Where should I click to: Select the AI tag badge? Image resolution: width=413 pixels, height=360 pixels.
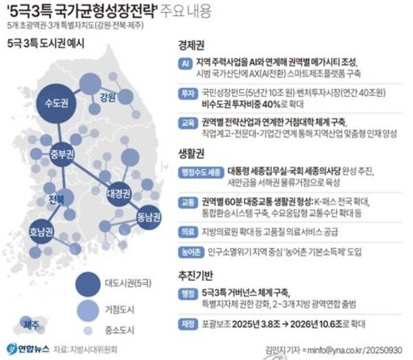pyautogui.click(x=184, y=63)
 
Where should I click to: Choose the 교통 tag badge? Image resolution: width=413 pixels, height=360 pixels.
pyautogui.click(x=186, y=203)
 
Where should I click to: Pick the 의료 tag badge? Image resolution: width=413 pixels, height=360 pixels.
pyautogui.click(x=186, y=231)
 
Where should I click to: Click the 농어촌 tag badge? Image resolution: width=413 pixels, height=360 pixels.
pyautogui.click(x=189, y=251)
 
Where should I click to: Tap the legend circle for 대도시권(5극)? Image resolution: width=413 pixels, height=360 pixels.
pyautogui.click(x=88, y=282)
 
